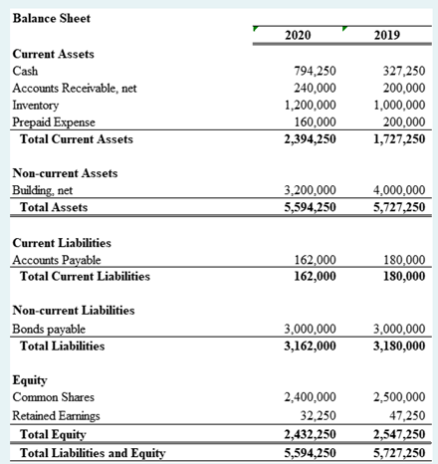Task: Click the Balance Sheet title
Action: click(49, 17)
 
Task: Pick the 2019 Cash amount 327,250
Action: click(403, 72)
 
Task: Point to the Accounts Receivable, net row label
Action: click(73, 88)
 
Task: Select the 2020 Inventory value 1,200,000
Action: click(311, 105)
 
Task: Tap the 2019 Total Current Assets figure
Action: click(397, 138)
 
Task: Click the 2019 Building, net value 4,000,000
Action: click(397, 190)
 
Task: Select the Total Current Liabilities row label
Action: click(85, 276)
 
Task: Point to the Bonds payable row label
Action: click(48, 329)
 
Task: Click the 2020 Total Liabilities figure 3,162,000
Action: click(310, 346)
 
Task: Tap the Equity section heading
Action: click(30, 380)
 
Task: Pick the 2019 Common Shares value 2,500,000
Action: click(397, 397)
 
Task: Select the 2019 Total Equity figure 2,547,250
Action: click(397, 434)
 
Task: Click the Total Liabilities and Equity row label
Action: click(93, 453)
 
